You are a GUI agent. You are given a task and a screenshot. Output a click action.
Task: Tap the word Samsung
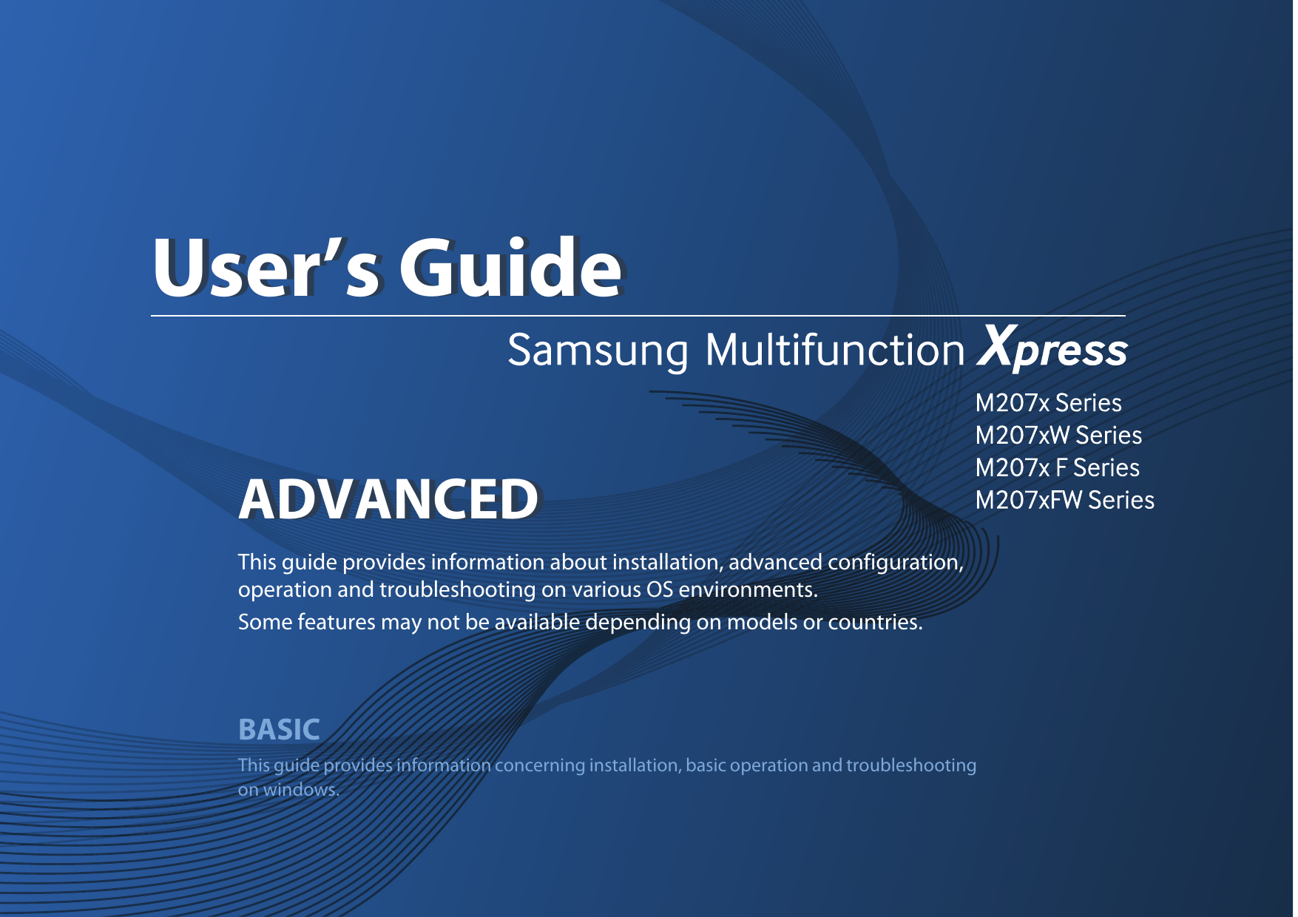(x=598, y=351)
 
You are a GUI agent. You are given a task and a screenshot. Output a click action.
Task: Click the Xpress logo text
(x=1052, y=349)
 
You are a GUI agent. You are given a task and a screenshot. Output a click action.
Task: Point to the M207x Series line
(x=1047, y=403)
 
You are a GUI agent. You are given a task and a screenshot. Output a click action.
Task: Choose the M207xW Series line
(x=1058, y=436)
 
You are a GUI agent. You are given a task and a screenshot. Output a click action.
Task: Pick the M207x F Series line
(x=1056, y=468)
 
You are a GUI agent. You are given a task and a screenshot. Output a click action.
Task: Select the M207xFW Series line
(x=1064, y=501)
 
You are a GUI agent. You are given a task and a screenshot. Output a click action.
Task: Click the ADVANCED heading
(x=388, y=500)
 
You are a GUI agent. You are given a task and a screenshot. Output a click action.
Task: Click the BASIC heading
(x=279, y=730)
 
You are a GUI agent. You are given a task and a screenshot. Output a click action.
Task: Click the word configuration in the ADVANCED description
(x=894, y=563)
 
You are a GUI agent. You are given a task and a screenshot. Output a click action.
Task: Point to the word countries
(x=874, y=623)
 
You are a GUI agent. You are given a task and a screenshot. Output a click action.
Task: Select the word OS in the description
(x=659, y=590)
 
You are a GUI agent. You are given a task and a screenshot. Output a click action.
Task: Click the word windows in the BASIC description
(x=300, y=790)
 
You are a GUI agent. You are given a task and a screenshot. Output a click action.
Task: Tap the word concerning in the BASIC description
(x=539, y=765)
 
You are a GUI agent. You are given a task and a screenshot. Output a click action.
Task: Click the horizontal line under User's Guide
(x=636, y=316)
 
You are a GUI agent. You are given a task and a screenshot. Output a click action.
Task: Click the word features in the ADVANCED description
(x=336, y=623)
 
